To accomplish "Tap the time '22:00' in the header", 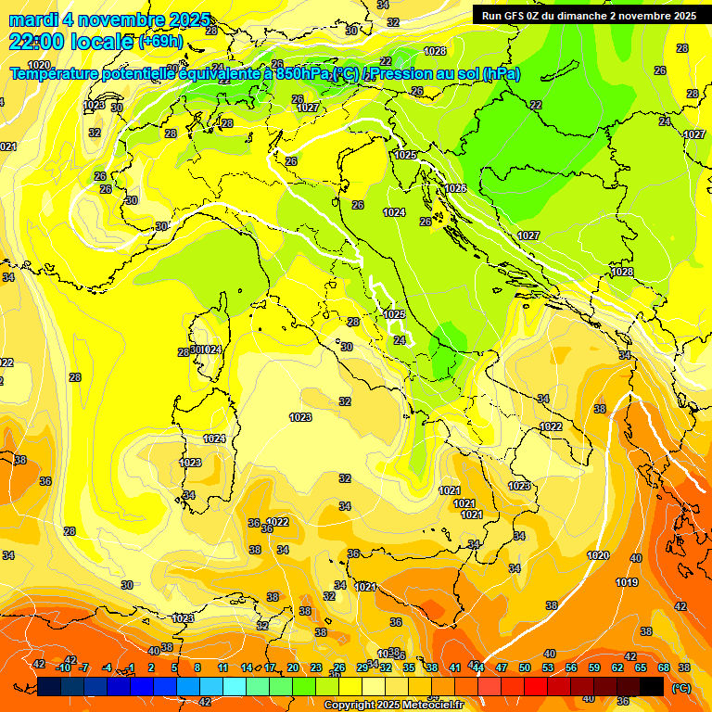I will tap(37, 42).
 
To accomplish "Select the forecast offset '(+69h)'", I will tap(160, 42).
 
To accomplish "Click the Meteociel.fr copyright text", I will tap(393, 706).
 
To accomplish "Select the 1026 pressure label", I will tap(455, 188).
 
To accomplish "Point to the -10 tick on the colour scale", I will tap(64, 667).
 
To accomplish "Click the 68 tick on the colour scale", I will tap(664, 667).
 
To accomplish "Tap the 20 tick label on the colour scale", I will tap(293, 667).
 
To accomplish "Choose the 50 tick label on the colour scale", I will tap(525, 667).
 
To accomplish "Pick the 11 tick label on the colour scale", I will tap(223, 667).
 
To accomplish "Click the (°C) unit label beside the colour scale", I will tap(680, 688).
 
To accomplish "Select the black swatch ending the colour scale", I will tap(652, 686).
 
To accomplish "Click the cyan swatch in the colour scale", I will tap(235, 686).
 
